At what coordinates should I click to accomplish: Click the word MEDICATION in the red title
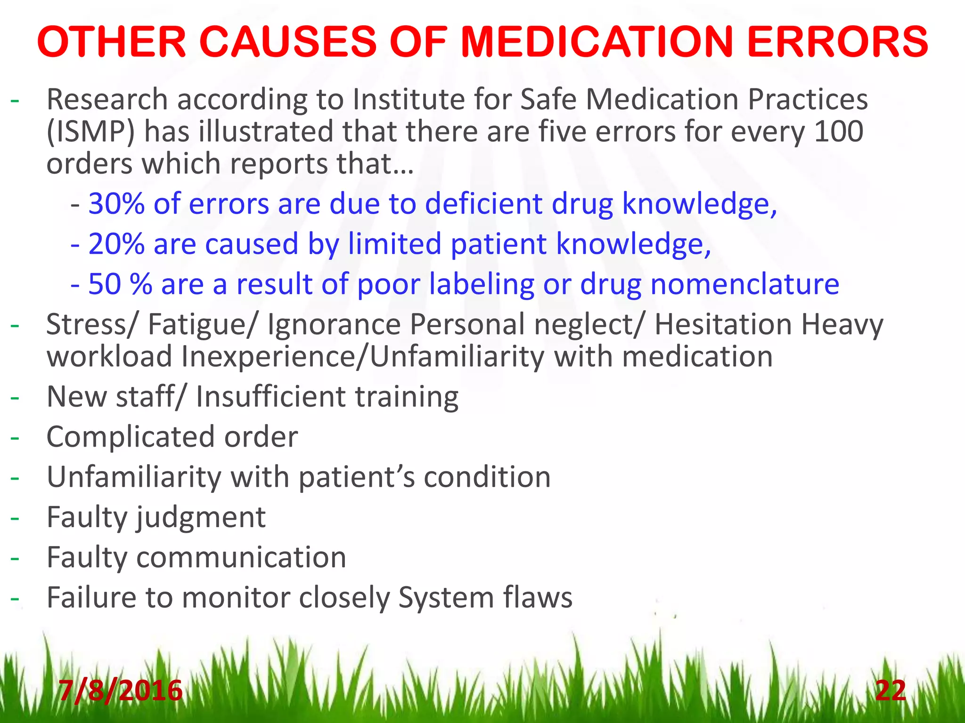(597, 42)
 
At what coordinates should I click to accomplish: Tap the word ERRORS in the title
(837, 42)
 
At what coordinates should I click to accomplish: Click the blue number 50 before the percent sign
(102, 284)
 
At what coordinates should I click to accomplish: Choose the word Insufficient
(271, 397)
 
